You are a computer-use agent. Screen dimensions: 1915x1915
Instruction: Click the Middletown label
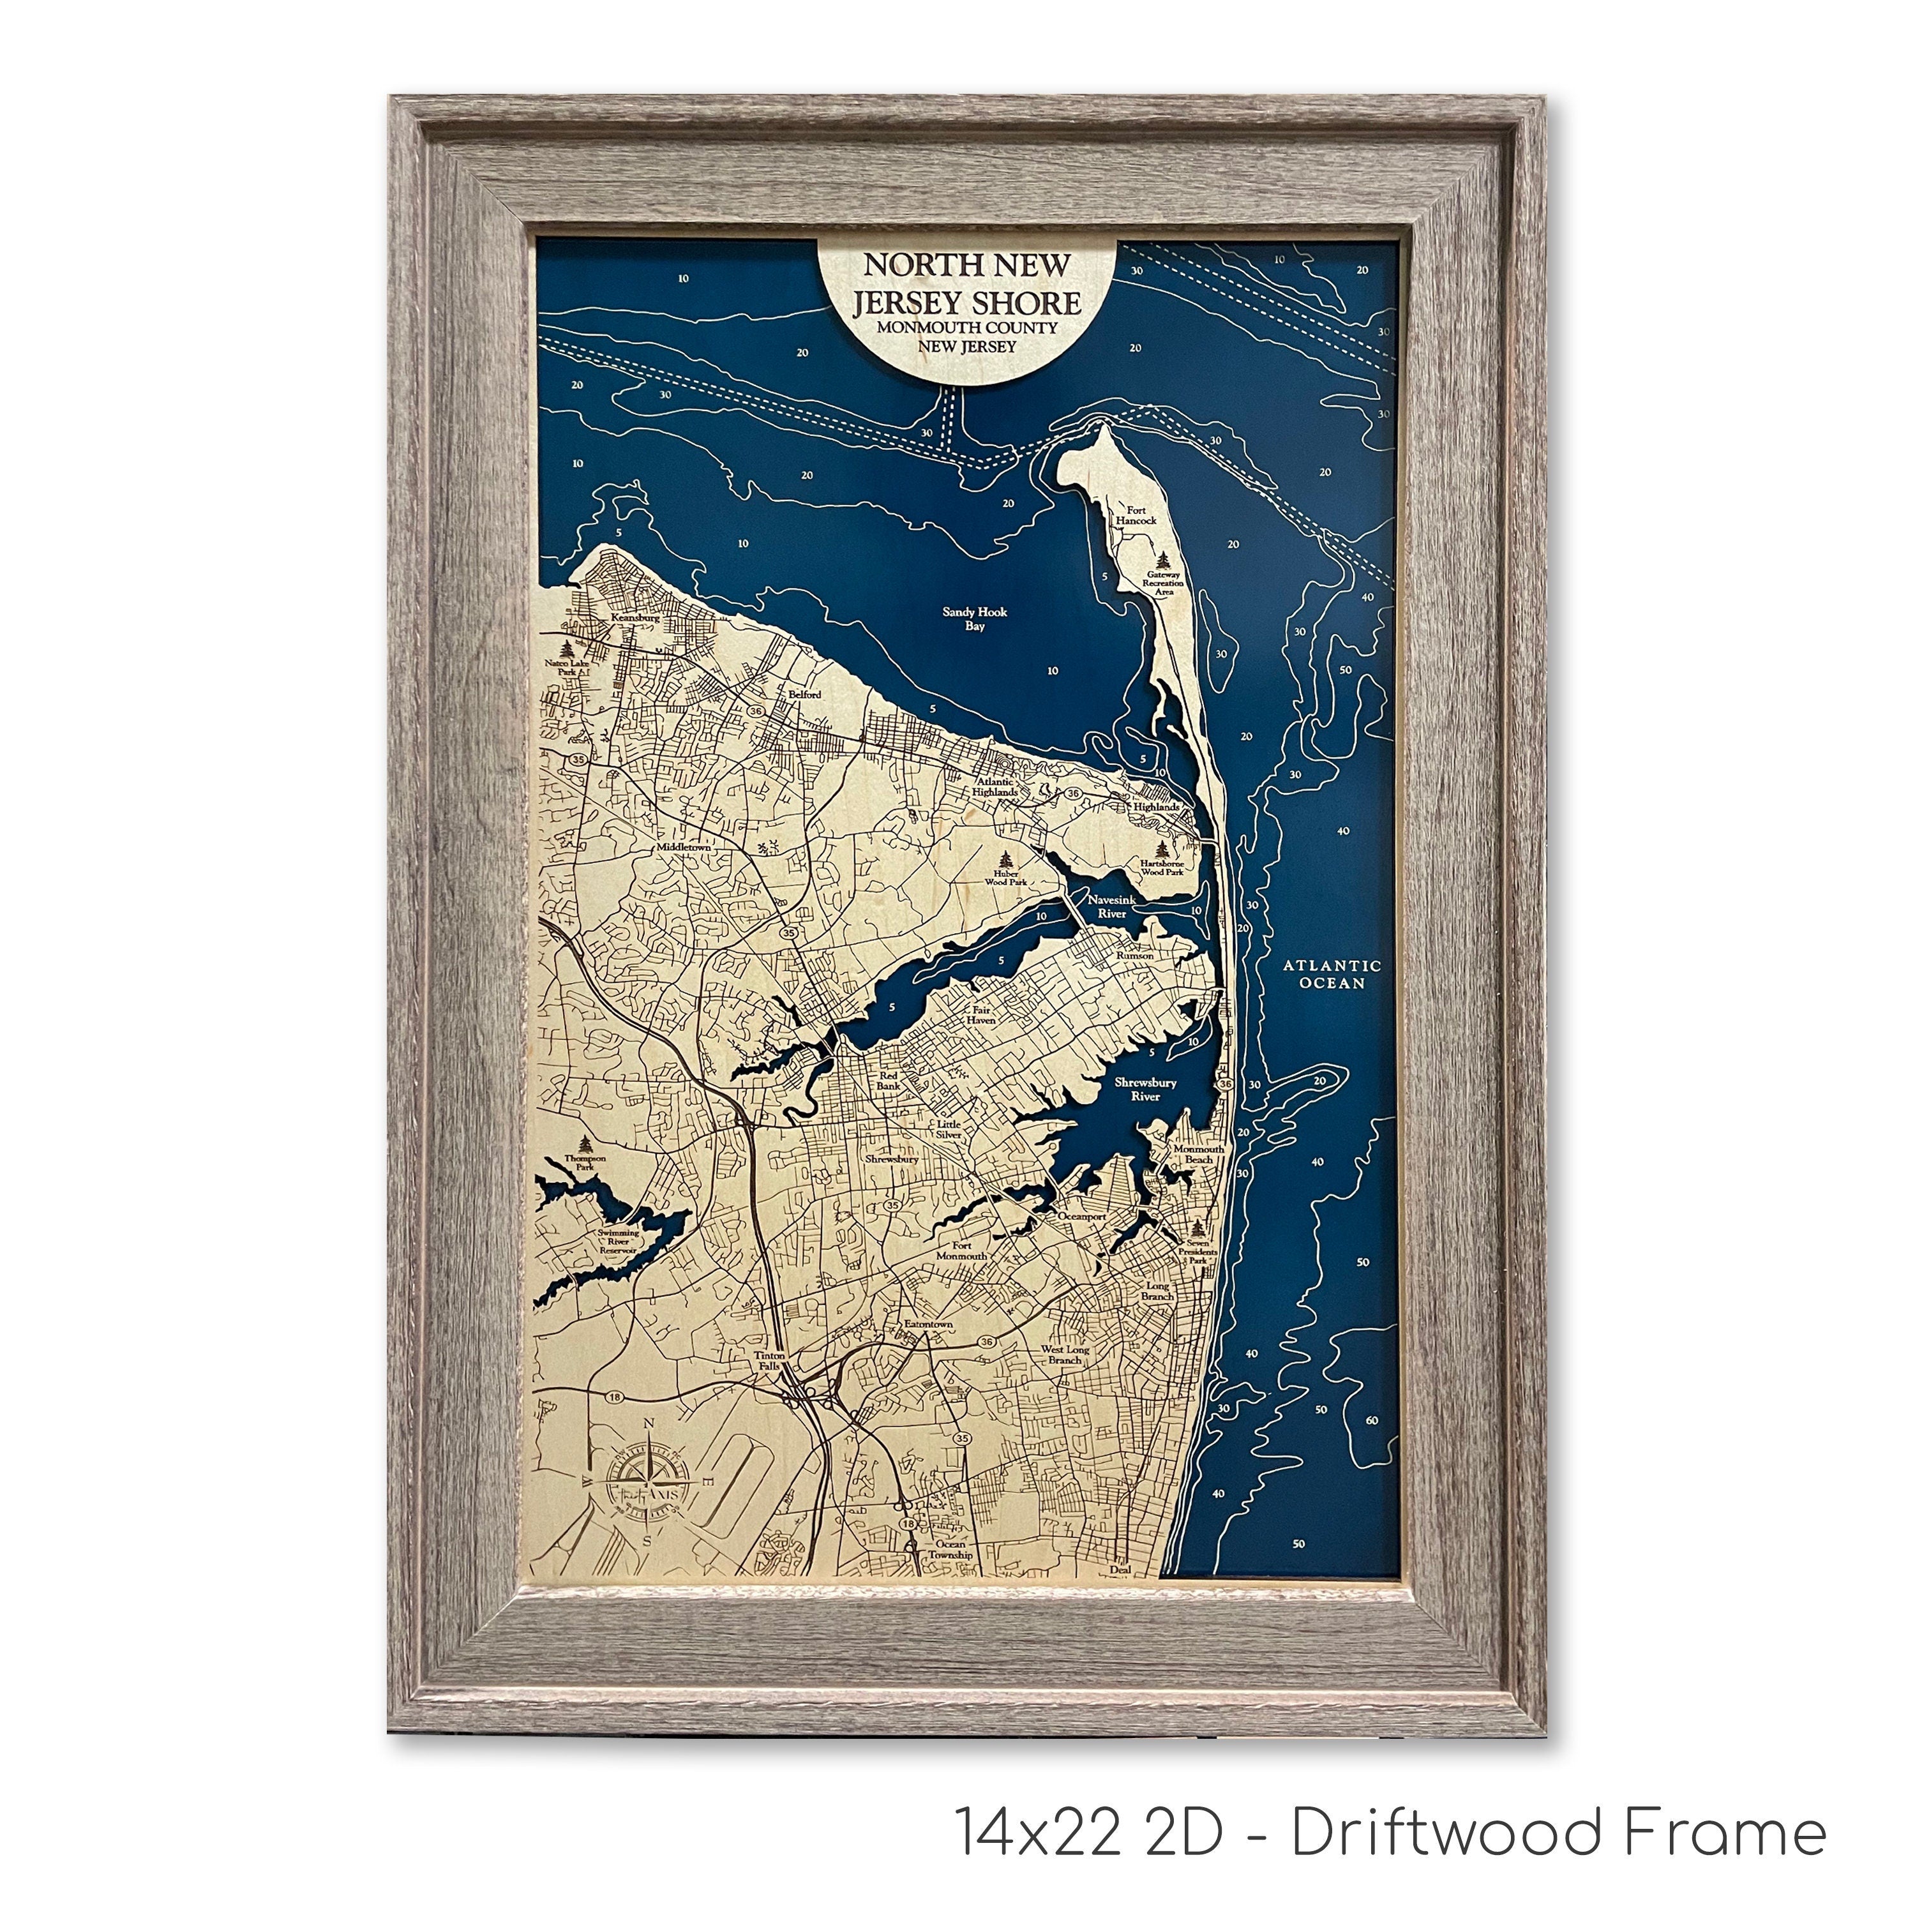(x=684, y=850)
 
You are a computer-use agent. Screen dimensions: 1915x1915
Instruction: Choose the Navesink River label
(x=1108, y=906)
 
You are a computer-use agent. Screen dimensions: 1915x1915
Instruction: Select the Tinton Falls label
(x=769, y=1361)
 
